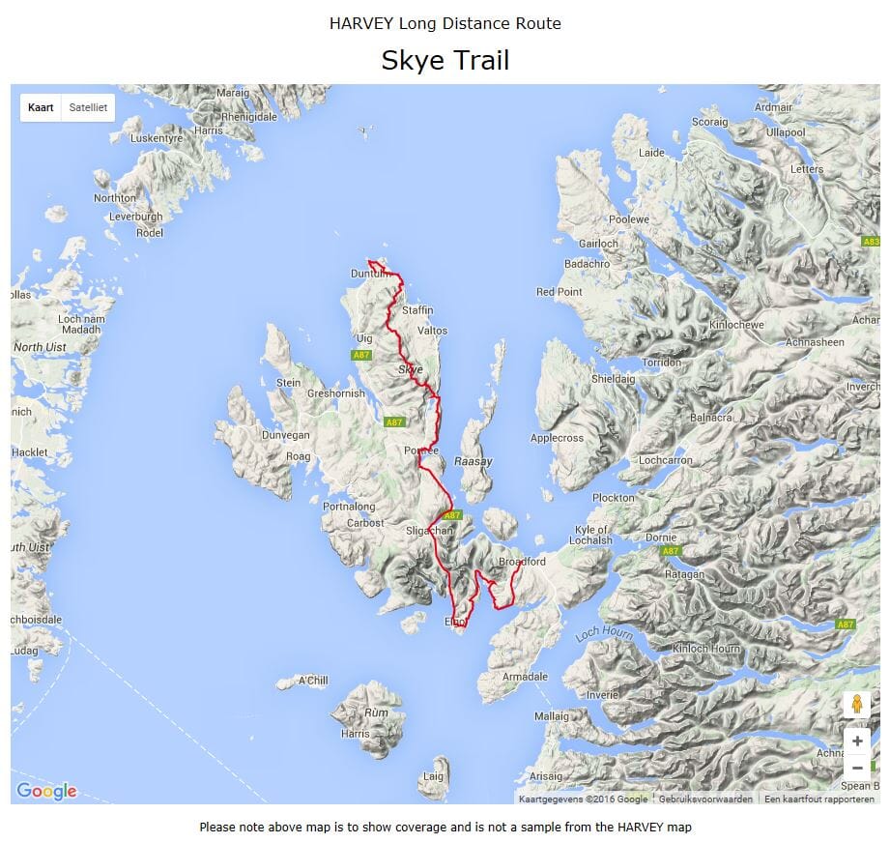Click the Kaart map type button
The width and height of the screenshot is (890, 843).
click(x=41, y=107)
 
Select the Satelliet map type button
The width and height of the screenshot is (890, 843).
click(x=88, y=107)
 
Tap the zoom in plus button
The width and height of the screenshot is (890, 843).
click(x=856, y=741)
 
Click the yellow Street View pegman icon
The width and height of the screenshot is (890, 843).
click(x=856, y=704)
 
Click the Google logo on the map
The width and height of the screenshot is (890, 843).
click(x=46, y=791)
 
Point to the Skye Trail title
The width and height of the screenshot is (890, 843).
click(x=445, y=60)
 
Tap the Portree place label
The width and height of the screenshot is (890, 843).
click(x=421, y=451)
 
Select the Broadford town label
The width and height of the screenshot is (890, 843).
click(x=522, y=562)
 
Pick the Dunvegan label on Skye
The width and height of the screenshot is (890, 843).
click(x=285, y=436)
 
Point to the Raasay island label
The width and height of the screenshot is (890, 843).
click(x=473, y=461)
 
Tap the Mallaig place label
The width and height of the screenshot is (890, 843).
click(x=552, y=716)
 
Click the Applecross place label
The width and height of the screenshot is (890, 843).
click(x=557, y=438)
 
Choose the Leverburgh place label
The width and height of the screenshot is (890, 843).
click(x=133, y=217)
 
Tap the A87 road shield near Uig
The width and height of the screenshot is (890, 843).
click(x=360, y=355)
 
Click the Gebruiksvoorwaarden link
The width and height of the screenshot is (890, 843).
click(x=704, y=799)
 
